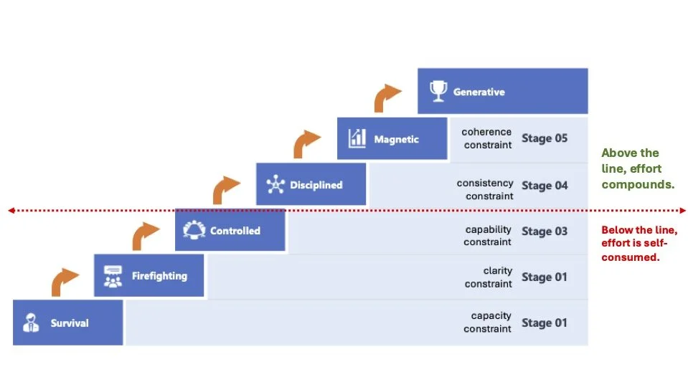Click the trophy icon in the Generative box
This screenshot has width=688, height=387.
coord(438,91)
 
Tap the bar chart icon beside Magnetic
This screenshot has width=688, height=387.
coord(357,138)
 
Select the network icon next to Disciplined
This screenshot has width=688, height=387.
coord(275,185)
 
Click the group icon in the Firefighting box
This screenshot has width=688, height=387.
coord(113,277)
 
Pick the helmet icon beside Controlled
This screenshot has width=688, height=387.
coord(194,230)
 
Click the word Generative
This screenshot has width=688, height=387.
coord(479,92)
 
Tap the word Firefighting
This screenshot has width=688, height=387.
coord(159,276)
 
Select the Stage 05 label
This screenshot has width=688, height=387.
coord(545,138)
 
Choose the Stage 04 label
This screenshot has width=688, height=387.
coord(545,186)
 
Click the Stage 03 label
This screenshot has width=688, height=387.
coord(545,231)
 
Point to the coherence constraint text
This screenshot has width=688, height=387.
coord(486,138)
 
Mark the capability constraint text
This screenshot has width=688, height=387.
coord(488,236)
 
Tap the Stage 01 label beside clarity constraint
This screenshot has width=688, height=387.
coord(545,277)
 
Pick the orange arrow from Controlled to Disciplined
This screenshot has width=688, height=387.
coord(227,189)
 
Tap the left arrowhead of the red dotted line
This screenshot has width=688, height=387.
coord(11,211)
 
